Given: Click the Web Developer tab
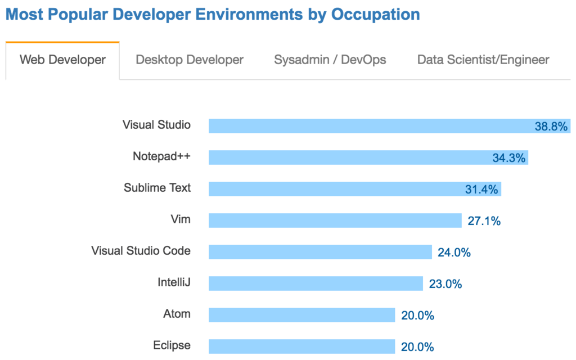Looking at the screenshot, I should [62, 60].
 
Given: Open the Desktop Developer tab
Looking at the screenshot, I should [190, 60].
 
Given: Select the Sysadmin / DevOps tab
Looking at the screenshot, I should [330, 60].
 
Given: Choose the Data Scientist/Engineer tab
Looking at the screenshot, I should [483, 60].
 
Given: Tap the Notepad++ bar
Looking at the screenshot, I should [349, 157].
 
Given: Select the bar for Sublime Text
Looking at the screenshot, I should [337, 189].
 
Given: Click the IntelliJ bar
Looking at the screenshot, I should [316, 283].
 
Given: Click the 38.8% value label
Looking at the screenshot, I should [551, 127].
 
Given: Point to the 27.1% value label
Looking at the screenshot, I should [484, 221].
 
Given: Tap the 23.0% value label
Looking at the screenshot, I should [445, 284].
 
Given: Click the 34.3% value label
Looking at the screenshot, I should [508, 158].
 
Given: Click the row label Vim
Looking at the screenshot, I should [181, 219].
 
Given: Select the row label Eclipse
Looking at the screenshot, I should [172, 345].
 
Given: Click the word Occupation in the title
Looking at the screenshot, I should [375, 15].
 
